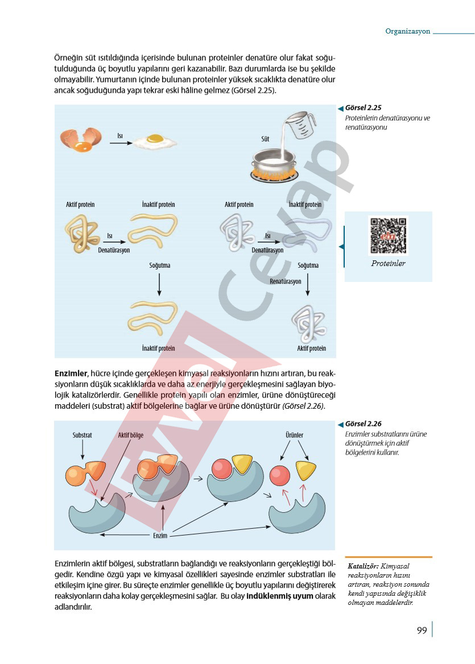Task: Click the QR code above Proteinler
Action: coord(388,235)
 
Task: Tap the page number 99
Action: coord(422,630)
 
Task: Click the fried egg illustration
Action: coord(155,142)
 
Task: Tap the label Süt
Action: coord(265,139)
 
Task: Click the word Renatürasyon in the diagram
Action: coord(286,281)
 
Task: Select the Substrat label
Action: coord(82,435)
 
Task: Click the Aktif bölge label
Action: coord(130,435)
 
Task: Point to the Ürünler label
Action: coord(294,435)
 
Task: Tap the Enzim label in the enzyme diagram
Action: coord(160,536)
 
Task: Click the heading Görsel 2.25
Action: coord(363,107)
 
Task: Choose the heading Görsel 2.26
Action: coord(363,424)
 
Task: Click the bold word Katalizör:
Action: coord(363,566)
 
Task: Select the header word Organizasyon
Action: coord(408,31)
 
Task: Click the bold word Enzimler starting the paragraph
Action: coord(71,374)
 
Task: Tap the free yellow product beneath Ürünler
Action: coord(305,471)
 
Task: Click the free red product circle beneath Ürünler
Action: coord(280,476)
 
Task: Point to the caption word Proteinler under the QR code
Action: coord(388,263)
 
